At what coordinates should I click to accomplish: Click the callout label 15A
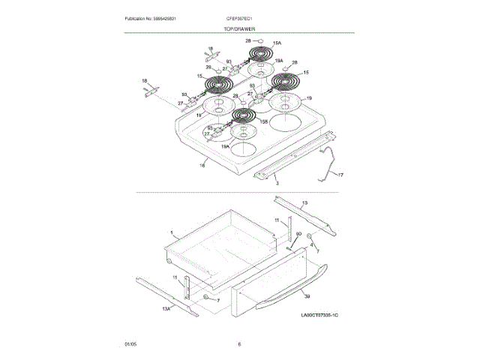pos(277,44)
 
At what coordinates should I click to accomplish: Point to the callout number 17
pos(340,175)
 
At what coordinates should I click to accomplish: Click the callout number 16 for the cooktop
pos(202,164)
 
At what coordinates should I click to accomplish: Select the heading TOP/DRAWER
pos(239,28)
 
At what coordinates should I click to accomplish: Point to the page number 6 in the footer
pos(239,344)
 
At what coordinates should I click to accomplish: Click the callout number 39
pos(307,298)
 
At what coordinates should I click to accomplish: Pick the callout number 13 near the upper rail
pos(304,202)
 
